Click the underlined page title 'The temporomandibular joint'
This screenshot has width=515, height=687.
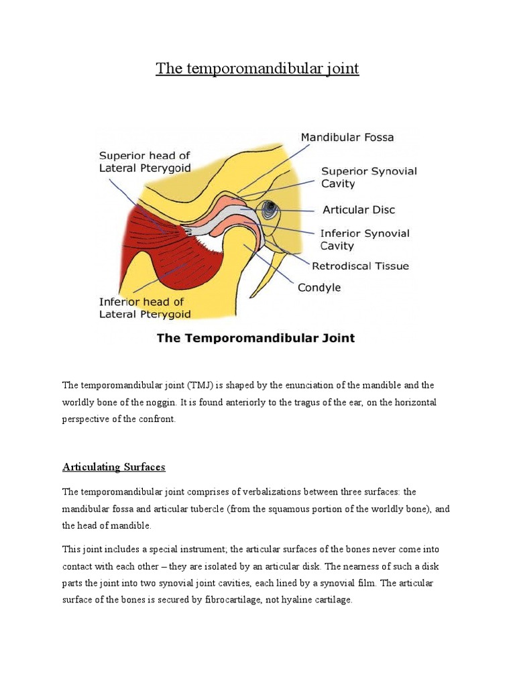pos(257,68)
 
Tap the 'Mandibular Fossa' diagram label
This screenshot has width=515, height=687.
pos(347,138)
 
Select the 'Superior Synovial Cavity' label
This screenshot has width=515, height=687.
pos(369,177)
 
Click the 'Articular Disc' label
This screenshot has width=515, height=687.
pos(359,210)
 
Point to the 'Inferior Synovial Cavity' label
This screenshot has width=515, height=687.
pos(364,240)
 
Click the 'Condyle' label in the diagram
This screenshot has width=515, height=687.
pos(319,288)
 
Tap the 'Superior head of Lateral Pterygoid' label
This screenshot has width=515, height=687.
pos(145,162)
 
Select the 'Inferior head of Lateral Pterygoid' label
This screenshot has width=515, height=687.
pos(145,307)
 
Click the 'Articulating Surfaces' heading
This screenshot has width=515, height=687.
pos(113,467)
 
